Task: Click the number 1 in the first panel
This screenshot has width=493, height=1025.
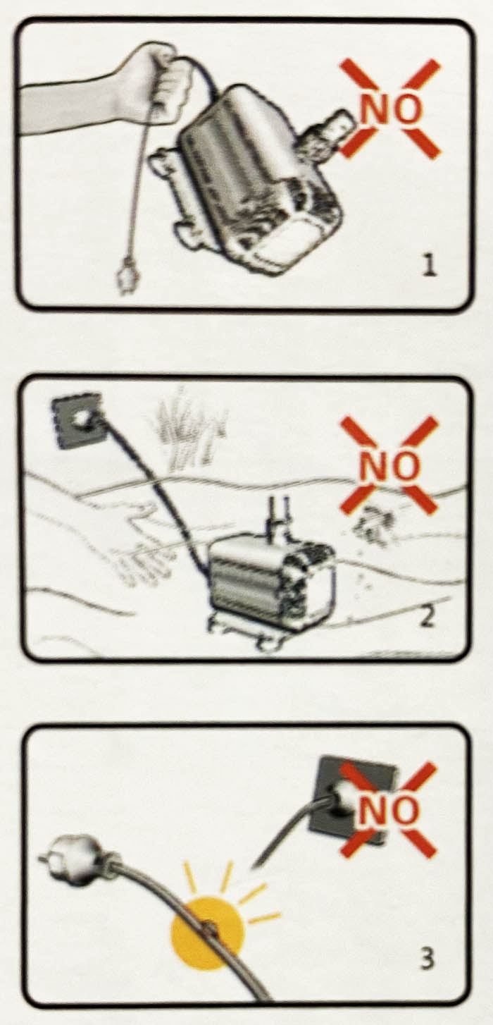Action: (x=428, y=266)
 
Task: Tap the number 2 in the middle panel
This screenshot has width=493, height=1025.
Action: (x=426, y=616)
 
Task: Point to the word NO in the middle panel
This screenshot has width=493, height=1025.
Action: (x=389, y=465)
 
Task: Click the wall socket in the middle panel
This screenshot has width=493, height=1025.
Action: (x=76, y=419)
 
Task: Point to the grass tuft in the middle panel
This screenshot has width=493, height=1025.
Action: (x=187, y=427)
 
